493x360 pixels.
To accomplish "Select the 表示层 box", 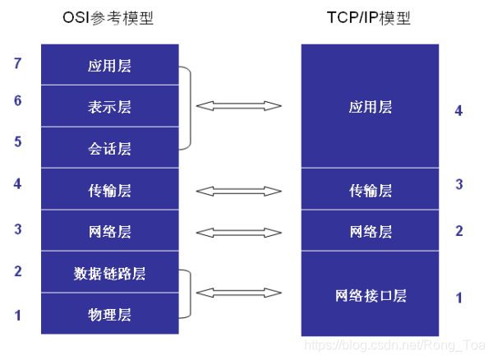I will click(x=109, y=107).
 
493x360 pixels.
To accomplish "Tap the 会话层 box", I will click(x=109, y=149).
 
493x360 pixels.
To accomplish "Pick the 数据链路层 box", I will click(x=109, y=273).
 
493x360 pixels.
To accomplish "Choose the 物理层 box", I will click(x=109, y=315).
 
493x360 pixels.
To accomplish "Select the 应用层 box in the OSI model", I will click(x=109, y=65).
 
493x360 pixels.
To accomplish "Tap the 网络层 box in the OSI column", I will click(x=109, y=232).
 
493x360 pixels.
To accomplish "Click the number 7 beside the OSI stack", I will click(x=18, y=63).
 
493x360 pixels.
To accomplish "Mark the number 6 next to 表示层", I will click(x=18, y=101).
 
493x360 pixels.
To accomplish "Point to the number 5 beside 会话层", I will click(x=18, y=141).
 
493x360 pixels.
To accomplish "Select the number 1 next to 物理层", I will click(x=18, y=314).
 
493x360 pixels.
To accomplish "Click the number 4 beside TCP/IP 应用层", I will click(x=458, y=110).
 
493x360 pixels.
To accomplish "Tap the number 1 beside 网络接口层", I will click(x=458, y=298).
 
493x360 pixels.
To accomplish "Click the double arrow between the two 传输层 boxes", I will click(x=239, y=191).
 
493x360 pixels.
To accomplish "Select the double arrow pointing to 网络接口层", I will click(x=239, y=293).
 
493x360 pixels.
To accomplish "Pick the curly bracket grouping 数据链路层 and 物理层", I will click(x=190, y=293).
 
